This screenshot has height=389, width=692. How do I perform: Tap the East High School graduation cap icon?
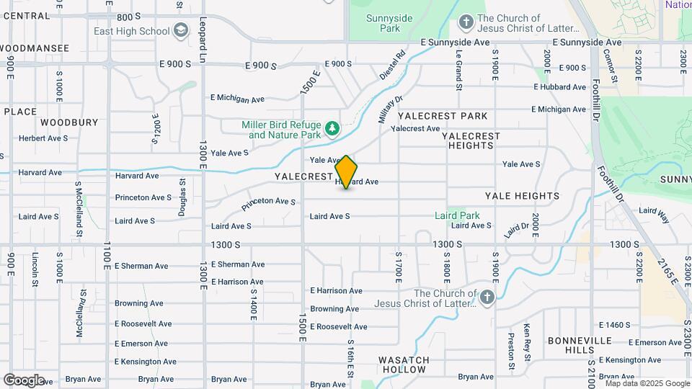(181, 30)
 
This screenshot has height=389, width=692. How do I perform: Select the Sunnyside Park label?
(383, 23)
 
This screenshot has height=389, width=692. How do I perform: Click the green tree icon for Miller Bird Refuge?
(332, 129)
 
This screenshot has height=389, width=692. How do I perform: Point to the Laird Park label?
(457, 215)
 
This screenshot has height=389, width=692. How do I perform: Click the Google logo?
(24, 380)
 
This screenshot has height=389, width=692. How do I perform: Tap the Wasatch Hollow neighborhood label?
(404, 365)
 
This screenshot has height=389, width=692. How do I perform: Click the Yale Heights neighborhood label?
(522, 195)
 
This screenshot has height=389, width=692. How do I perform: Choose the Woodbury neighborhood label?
(69, 122)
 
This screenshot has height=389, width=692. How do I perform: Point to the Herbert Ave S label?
(43, 138)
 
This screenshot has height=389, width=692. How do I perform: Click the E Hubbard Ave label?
(560, 86)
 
